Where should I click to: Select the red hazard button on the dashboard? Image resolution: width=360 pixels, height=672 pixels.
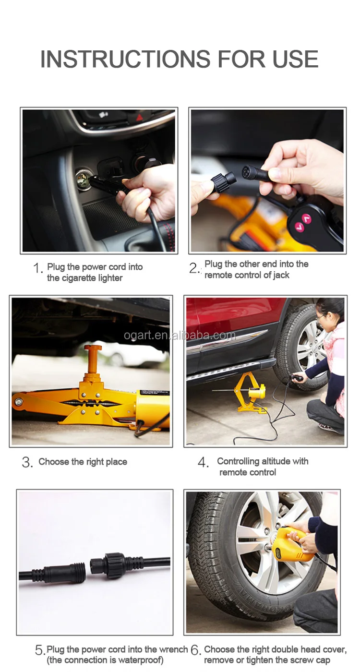[140, 117]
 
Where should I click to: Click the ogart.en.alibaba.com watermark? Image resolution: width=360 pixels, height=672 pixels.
[180, 335]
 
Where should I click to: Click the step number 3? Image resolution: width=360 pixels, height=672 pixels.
[27, 463]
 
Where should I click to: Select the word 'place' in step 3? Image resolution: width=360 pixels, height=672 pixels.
[117, 462]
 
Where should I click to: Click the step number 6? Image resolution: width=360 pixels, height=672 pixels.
[195, 650]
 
